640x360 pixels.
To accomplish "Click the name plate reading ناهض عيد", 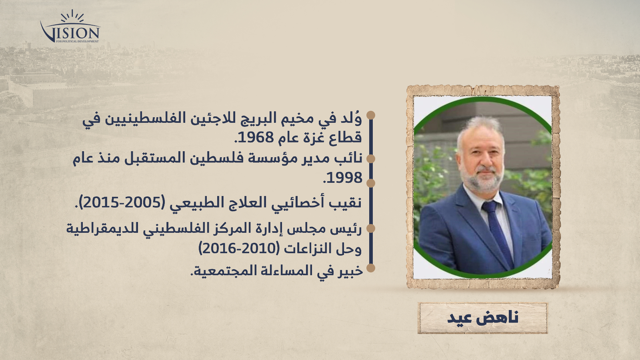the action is point(482,318).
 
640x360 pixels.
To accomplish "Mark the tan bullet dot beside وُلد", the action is point(370,115).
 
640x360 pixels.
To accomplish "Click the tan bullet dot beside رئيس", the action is point(370,228).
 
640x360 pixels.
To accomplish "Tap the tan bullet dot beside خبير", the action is point(370,268).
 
